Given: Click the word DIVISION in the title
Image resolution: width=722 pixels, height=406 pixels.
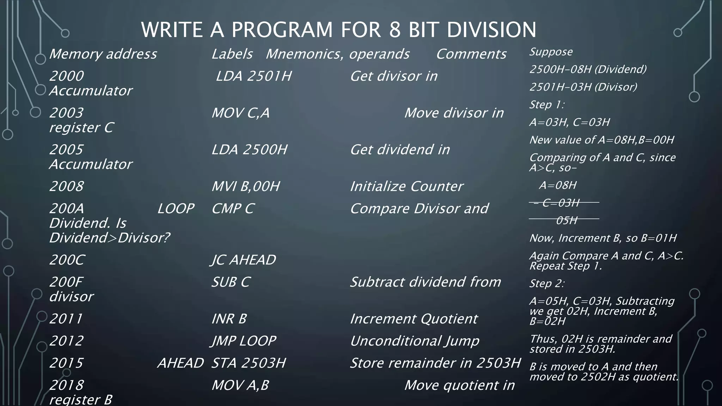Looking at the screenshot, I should click(x=491, y=30).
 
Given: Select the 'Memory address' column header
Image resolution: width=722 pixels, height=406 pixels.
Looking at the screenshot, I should click(x=103, y=54).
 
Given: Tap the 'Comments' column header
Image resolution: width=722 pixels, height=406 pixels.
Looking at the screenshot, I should click(x=471, y=54).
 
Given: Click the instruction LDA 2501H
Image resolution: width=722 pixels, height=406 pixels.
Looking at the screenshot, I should click(x=253, y=76).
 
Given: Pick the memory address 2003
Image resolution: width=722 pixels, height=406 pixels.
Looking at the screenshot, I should click(x=66, y=113).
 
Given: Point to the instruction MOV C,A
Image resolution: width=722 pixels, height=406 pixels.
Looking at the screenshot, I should click(x=240, y=113).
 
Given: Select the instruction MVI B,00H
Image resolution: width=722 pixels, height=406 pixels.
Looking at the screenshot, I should click(x=245, y=186).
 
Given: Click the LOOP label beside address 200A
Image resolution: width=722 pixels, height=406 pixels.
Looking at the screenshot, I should click(x=176, y=209).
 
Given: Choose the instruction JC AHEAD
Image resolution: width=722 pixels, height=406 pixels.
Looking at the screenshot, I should click(x=243, y=260).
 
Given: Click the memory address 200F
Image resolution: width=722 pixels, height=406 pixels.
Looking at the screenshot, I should click(x=66, y=282).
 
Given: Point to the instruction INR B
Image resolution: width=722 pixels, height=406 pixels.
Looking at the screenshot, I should click(x=229, y=319).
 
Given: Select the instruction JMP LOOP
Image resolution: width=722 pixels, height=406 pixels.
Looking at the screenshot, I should click(x=243, y=341).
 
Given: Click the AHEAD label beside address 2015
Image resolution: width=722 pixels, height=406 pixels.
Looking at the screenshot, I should click(x=180, y=363).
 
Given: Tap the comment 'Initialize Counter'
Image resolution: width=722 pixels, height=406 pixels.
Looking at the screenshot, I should click(x=406, y=186).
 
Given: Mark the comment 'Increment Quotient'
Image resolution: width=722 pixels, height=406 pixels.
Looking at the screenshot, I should click(x=414, y=319).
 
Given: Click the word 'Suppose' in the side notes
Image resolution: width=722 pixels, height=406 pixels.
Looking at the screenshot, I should click(x=551, y=52).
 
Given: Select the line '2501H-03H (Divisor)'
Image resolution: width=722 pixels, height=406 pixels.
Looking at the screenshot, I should click(x=583, y=87).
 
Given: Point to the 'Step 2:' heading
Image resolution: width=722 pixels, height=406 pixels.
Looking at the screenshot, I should click(x=547, y=283).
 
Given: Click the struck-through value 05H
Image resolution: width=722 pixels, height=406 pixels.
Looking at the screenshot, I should click(x=567, y=221).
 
